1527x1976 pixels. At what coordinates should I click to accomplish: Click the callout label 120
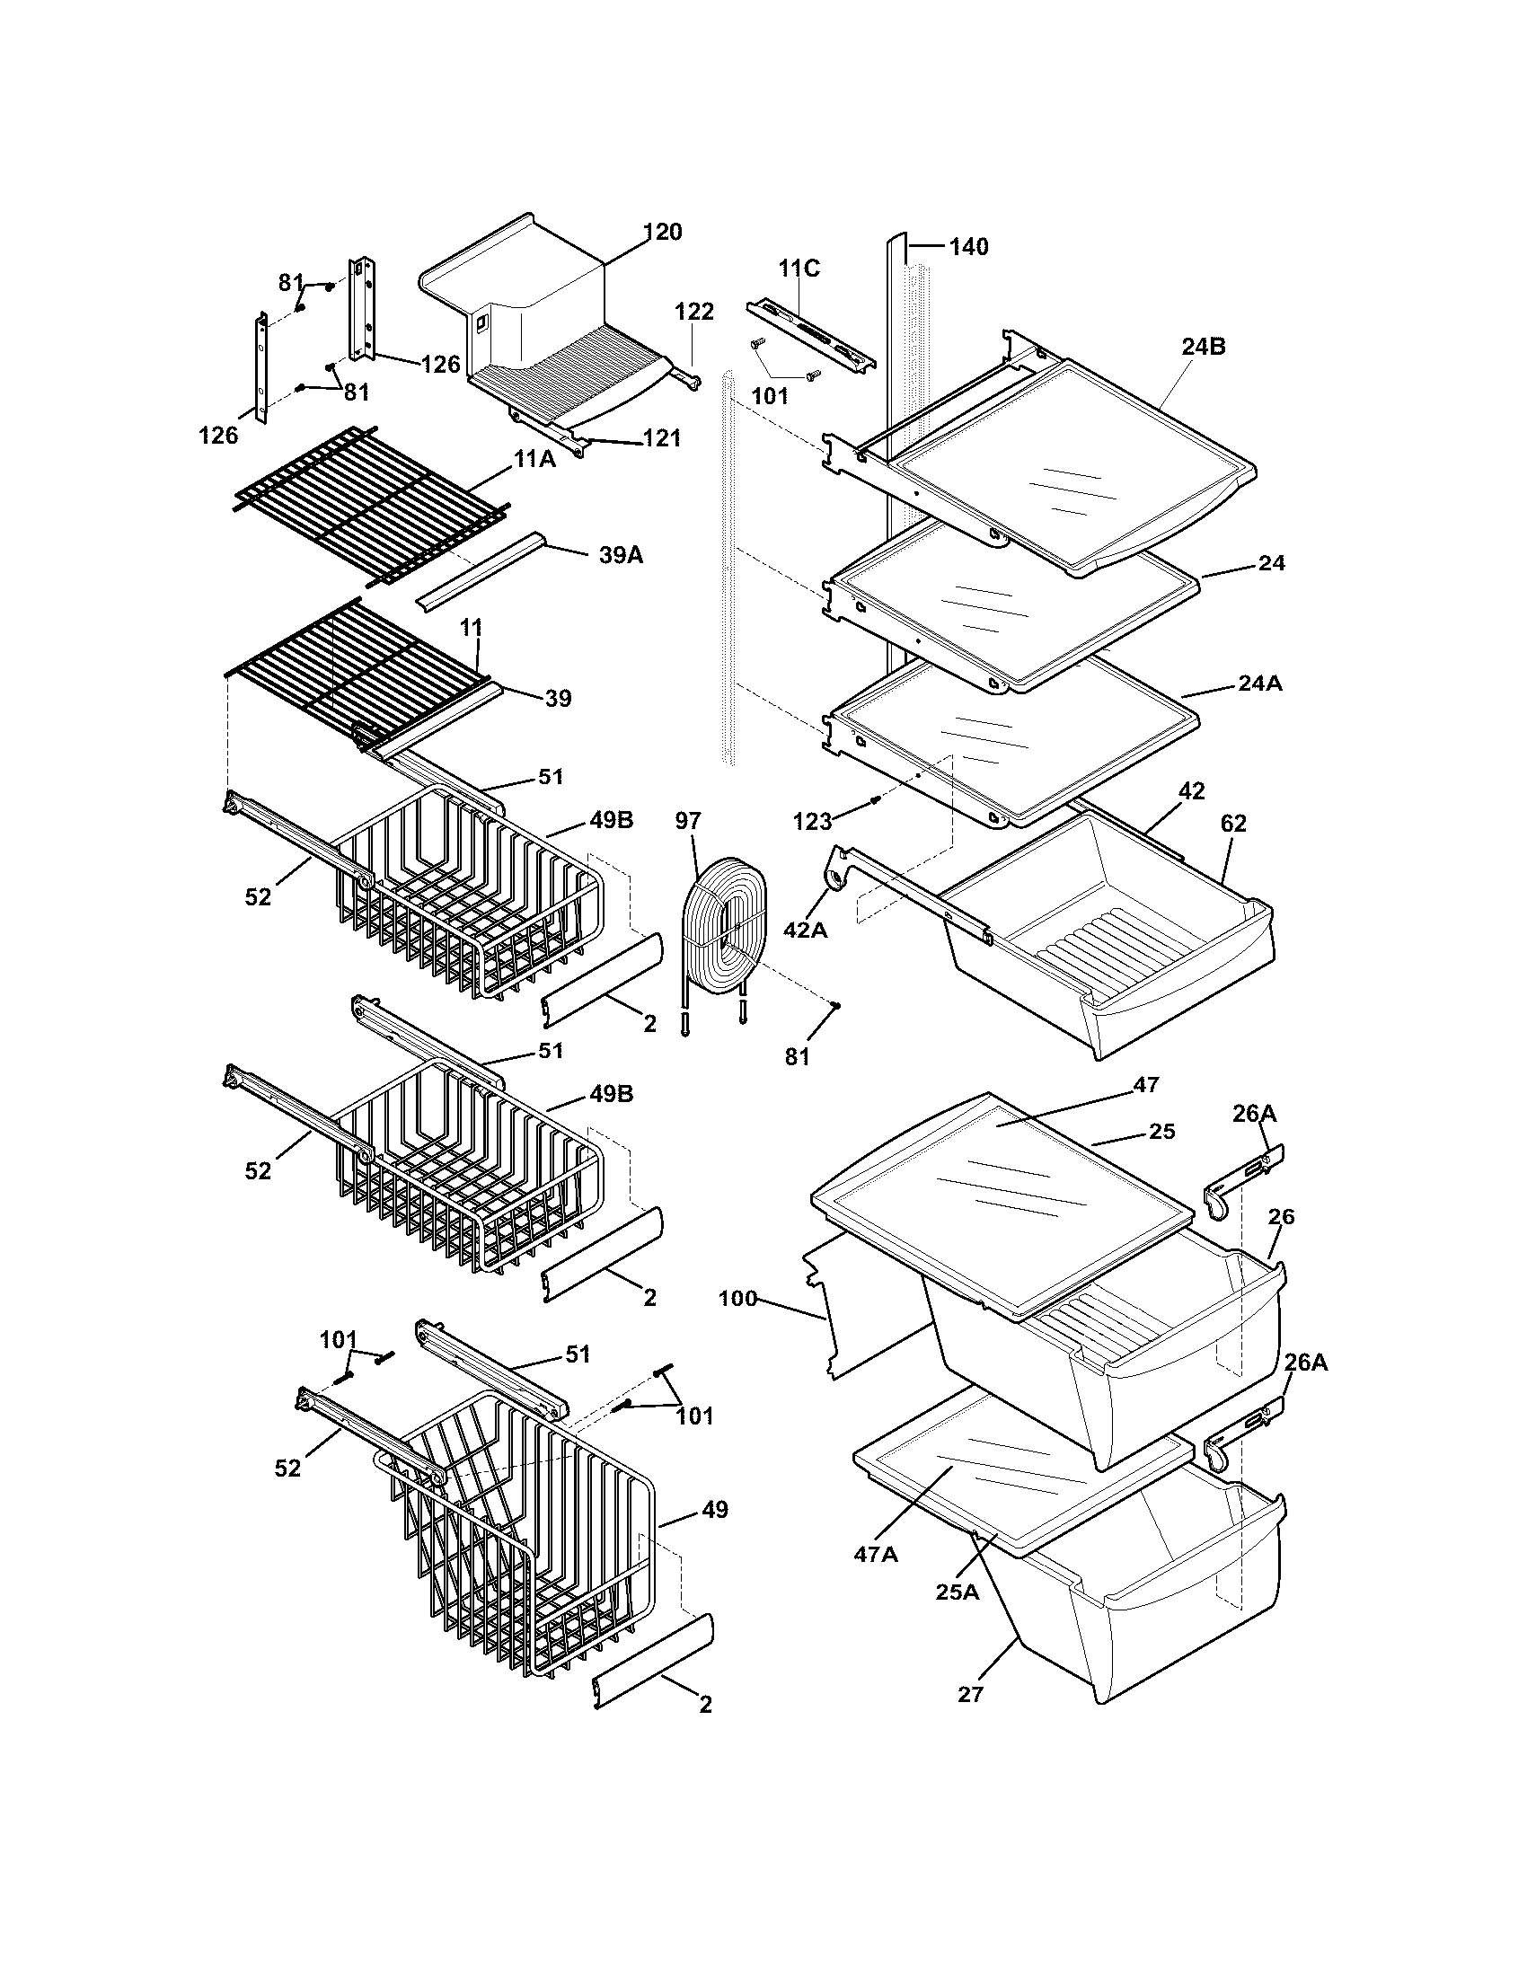click(663, 233)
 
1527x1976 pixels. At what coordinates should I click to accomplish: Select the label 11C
click(799, 268)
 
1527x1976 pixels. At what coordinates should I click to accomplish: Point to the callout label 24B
click(1203, 347)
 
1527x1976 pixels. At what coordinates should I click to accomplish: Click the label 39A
click(621, 554)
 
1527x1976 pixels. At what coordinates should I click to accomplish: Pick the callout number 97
click(688, 821)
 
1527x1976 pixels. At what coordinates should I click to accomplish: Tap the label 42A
click(805, 929)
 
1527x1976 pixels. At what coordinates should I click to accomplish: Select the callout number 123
click(812, 821)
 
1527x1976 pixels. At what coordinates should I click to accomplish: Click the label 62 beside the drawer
click(1233, 824)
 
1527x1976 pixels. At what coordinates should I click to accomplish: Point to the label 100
click(737, 1300)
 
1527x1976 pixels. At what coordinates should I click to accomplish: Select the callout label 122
click(694, 313)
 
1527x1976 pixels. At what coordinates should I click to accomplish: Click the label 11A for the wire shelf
click(534, 460)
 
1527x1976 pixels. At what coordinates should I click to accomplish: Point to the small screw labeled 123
click(875, 798)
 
